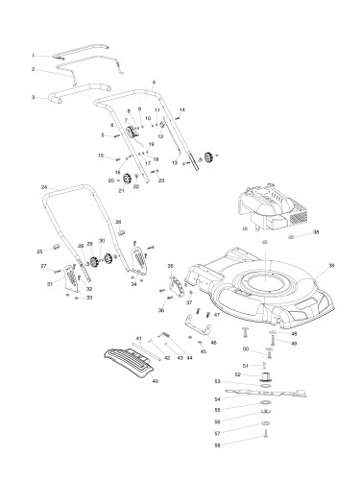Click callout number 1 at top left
34,56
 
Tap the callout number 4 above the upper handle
154,84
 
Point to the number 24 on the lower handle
44,185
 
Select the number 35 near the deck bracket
171,265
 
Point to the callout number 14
182,110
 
